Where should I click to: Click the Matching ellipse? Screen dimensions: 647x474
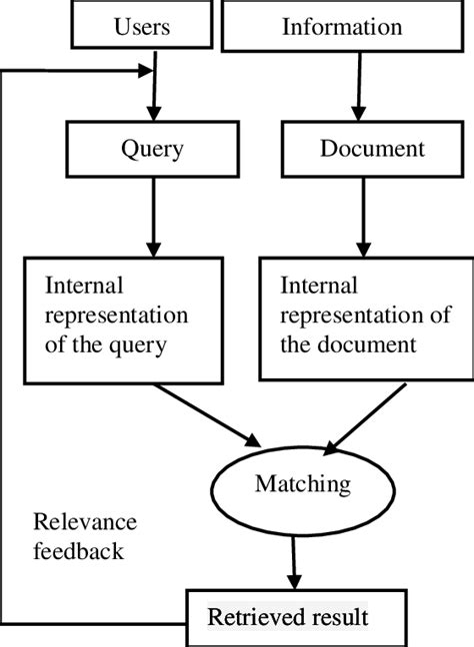pyautogui.click(x=302, y=485)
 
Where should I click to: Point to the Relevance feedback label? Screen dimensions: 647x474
pyautogui.click(x=84, y=536)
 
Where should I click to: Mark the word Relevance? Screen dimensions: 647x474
pyautogui.click(x=84, y=522)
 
